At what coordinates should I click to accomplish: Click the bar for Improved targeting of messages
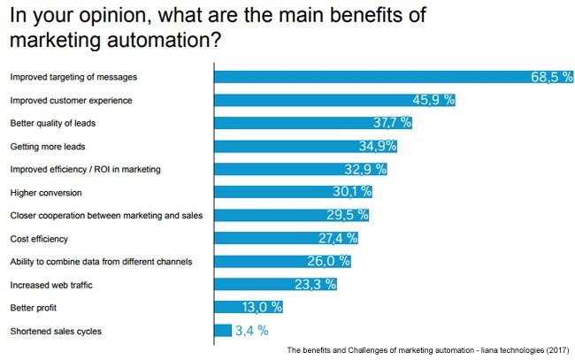pyautogui.click(x=372, y=77)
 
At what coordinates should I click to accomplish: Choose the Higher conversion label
pyautogui.click(x=46, y=192)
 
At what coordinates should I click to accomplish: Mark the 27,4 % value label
pyautogui.click(x=337, y=238)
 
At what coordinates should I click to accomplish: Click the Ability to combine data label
pyautogui.click(x=100, y=261)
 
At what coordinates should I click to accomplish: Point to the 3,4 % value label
pyautogui.click(x=250, y=330)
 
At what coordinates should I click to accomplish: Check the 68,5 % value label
pyautogui.click(x=545, y=77)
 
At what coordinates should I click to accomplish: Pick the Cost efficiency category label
pyautogui.click(x=39, y=238)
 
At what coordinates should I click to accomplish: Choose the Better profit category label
pyautogui.click(x=33, y=307)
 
